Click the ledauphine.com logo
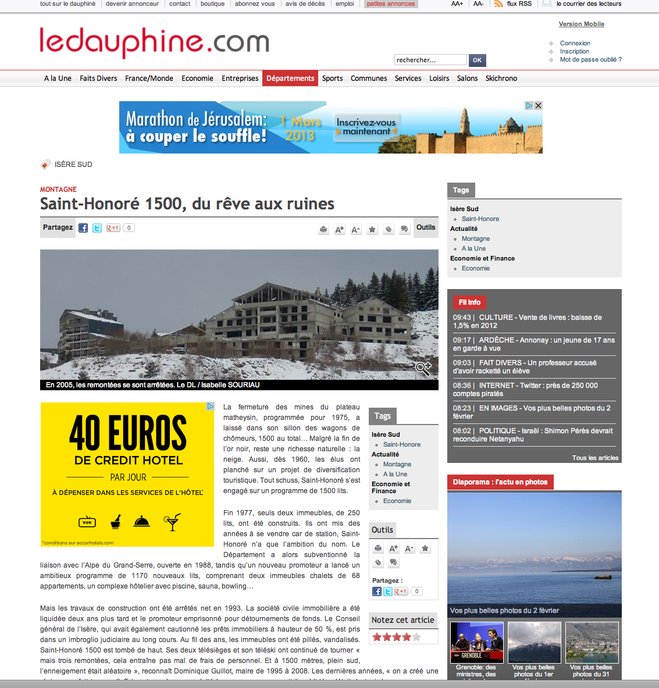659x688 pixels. (154, 42)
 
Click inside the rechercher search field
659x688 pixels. (430, 60)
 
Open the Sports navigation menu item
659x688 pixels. (332, 79)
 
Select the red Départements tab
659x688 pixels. (290, 79)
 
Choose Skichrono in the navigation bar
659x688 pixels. (501, 79)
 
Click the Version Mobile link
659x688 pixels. (581, 24)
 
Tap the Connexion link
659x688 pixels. (575, 43)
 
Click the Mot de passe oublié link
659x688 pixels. (590, 59)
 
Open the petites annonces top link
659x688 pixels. (391, 4)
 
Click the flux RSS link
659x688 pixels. (519, 4)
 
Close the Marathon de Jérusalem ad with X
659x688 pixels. (539, 106)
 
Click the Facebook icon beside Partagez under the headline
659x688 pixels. (83, 228)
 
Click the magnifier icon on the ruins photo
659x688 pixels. (423, 368)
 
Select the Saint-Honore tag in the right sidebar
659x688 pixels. (480, 219)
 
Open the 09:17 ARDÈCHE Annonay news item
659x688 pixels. (533, 344)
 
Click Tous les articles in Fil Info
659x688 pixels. (595, 458)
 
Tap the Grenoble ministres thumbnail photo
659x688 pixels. (477, 642)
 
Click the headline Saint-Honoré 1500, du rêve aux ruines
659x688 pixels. (187, 204)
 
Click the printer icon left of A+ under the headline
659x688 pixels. (323, 230)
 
